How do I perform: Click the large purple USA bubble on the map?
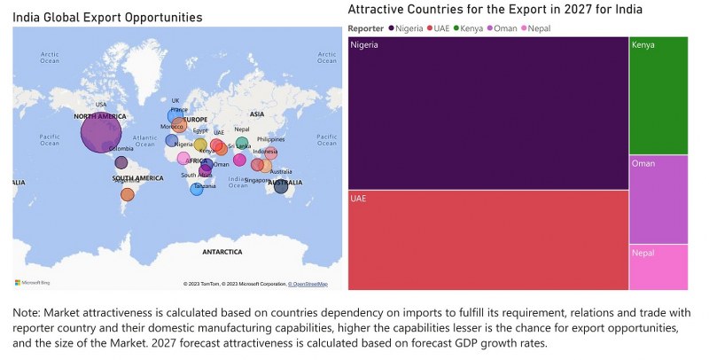click(100, 133)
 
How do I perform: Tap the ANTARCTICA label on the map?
click(222, 252)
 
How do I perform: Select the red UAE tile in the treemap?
click(487, 239)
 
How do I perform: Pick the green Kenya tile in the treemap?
click(658, 96)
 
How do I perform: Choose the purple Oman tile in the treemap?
click(658, 200)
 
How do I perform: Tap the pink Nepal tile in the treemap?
click(658, 267)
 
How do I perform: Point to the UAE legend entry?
click(439, 28)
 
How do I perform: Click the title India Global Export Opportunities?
click(107, 17)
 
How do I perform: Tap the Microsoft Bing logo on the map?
click(32, 282)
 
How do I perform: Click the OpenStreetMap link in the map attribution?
click(308, 284)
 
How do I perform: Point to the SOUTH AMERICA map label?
click(137, 178)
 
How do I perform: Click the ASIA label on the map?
click(257, 113)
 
